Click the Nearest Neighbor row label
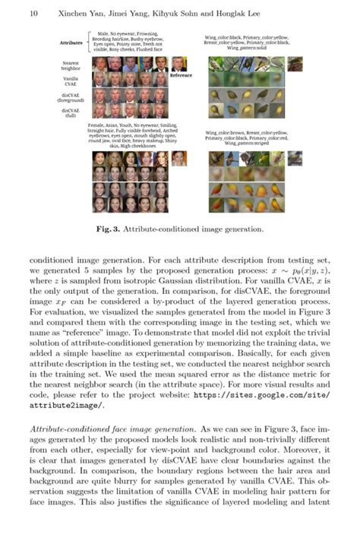point(72,66)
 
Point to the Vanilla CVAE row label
point(72,81)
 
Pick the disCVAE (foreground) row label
point(72,97)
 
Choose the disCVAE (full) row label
point(72,112)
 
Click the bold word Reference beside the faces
point(181,76)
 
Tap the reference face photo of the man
point(179,64)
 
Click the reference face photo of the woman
point(179,158)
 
